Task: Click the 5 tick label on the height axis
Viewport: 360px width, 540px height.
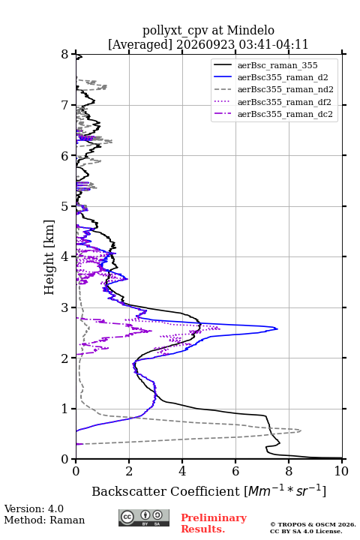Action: pyautogui.click(x=64, y=206)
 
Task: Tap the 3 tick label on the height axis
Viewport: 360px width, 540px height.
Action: pyautogui.click(x=64, y=307)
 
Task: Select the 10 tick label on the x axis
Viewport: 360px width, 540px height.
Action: pyautogui.click(x=341, y=471)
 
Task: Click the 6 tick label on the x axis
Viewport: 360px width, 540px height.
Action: pyautogui.click(x=235, y=471)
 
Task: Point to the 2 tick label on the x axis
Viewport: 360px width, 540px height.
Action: pyautogui.click(x=129, y=471)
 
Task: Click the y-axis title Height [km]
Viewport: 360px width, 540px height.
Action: pyautogui.click(x=49, y=257)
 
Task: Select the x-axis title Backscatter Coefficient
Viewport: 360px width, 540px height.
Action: pyautogui.click(x=166, y=491)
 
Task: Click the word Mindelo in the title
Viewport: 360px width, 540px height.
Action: pyautogui.click(x=250, y=30)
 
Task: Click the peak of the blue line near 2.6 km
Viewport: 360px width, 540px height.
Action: pyautogui.click(x=277, y=328)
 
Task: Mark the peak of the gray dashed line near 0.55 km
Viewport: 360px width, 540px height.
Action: pyautogui.click(x=301, y=430)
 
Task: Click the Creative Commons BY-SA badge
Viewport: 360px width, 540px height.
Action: pyautogui.click(x=144, y=517)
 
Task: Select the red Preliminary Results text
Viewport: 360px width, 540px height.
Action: pyautogui.click(x=214, y=523)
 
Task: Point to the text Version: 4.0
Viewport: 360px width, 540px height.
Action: pyautogui.click(x=34, y=508)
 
